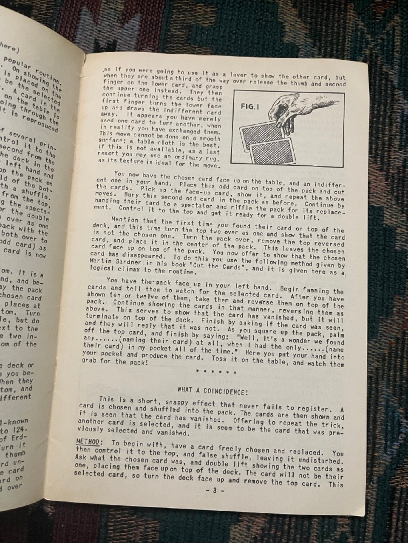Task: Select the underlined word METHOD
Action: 88,442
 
